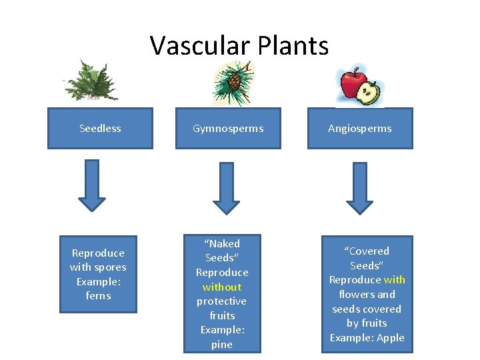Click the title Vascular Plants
(x=239, y=45)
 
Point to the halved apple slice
(x=369, y=93)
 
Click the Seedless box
(x=100, y=128)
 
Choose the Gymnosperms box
(x=228, y=128)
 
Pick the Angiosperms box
(x=360, y=128)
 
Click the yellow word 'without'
(x=222, y=287)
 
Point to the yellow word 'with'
(x=394, y=280)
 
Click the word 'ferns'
(x=99, y=295)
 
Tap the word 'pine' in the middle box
(x=222, y=345)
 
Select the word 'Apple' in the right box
(x=390, y=337)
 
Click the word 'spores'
(x=110, y=267)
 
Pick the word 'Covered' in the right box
(x=368, y=251)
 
